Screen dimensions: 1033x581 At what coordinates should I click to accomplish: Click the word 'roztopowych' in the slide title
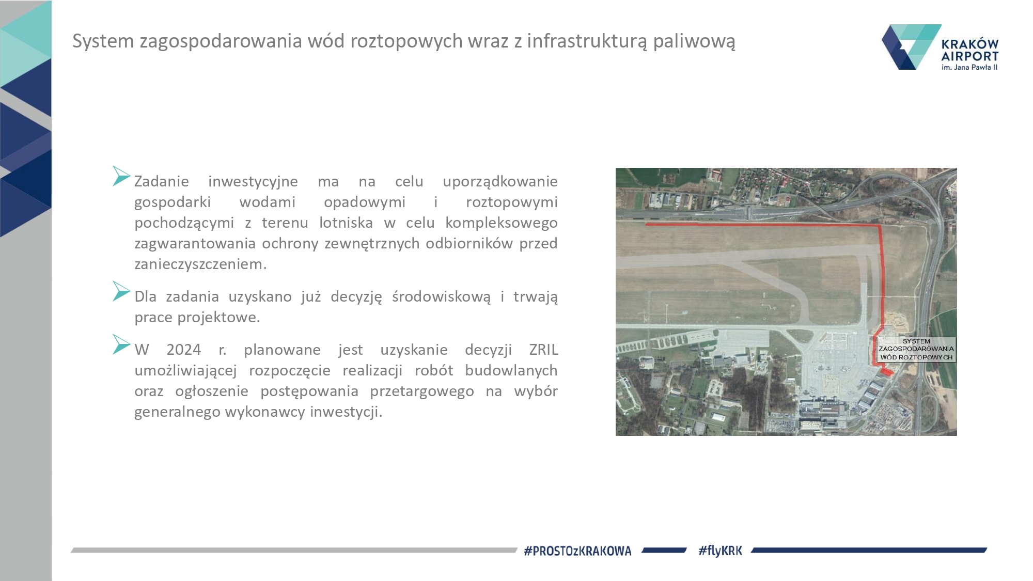[x=385, y=41]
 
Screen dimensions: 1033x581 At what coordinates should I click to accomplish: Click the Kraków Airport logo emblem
[x=911, y=47]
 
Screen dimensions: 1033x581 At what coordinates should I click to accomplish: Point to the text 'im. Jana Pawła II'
[x=969, y=67]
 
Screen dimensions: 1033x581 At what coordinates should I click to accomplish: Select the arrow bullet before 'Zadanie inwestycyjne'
[x=121, y=176]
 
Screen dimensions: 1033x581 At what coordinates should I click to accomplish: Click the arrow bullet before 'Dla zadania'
[x=121, y=291]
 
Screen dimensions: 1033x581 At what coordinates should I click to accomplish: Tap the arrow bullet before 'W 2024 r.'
[x=121, y=344]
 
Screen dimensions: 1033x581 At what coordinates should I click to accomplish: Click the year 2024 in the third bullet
[x=183, y=350]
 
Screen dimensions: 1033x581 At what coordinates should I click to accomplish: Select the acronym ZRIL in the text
[x=543, y=350]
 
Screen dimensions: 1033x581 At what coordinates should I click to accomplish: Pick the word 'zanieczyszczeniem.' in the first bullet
[x=200, y=264]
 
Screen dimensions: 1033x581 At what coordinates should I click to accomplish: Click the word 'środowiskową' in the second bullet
[x=441, y=297]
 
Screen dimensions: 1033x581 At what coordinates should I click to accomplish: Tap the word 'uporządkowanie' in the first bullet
[x=500, y=182]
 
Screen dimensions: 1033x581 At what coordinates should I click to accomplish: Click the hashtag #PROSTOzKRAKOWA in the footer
[x=577, y=551]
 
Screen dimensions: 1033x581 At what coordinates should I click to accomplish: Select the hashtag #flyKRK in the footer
[x=720, y=551]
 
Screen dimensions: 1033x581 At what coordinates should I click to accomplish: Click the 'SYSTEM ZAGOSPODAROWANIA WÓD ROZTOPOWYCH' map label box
[x=916, y=350]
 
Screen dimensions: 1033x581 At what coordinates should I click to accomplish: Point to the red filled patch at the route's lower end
[x=886, y=371]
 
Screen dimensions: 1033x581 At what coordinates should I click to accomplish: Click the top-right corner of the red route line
[x=880, y=226]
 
